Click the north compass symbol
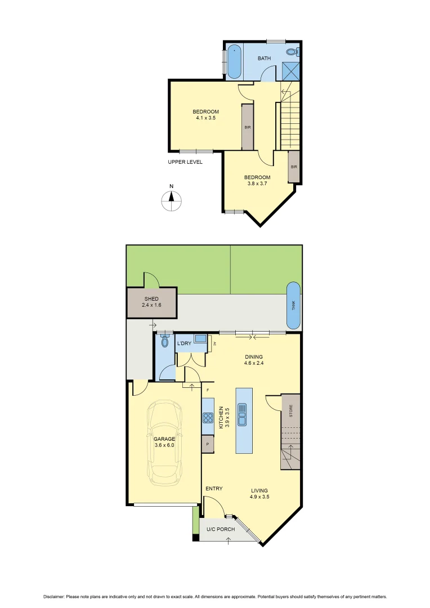(x=172, y=200)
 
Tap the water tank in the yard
(x=293, y=305)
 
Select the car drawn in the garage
(x=163, y=443)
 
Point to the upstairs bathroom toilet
(x=292, y=52)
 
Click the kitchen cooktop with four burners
(x=208, y=418)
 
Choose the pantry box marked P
(x=208, y=444)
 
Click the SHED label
(x=151, y=299)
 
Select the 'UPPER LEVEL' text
(x=185, y=162)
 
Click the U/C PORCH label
(x=220, y=529)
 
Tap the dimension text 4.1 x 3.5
(x=205, y=118)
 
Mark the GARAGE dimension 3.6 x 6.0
(x=164, y=445)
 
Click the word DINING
(x=253, y=357)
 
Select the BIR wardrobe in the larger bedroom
(x=247, y=127)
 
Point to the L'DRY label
(x=184, y=343)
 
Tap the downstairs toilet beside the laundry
(x=164, y=341)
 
